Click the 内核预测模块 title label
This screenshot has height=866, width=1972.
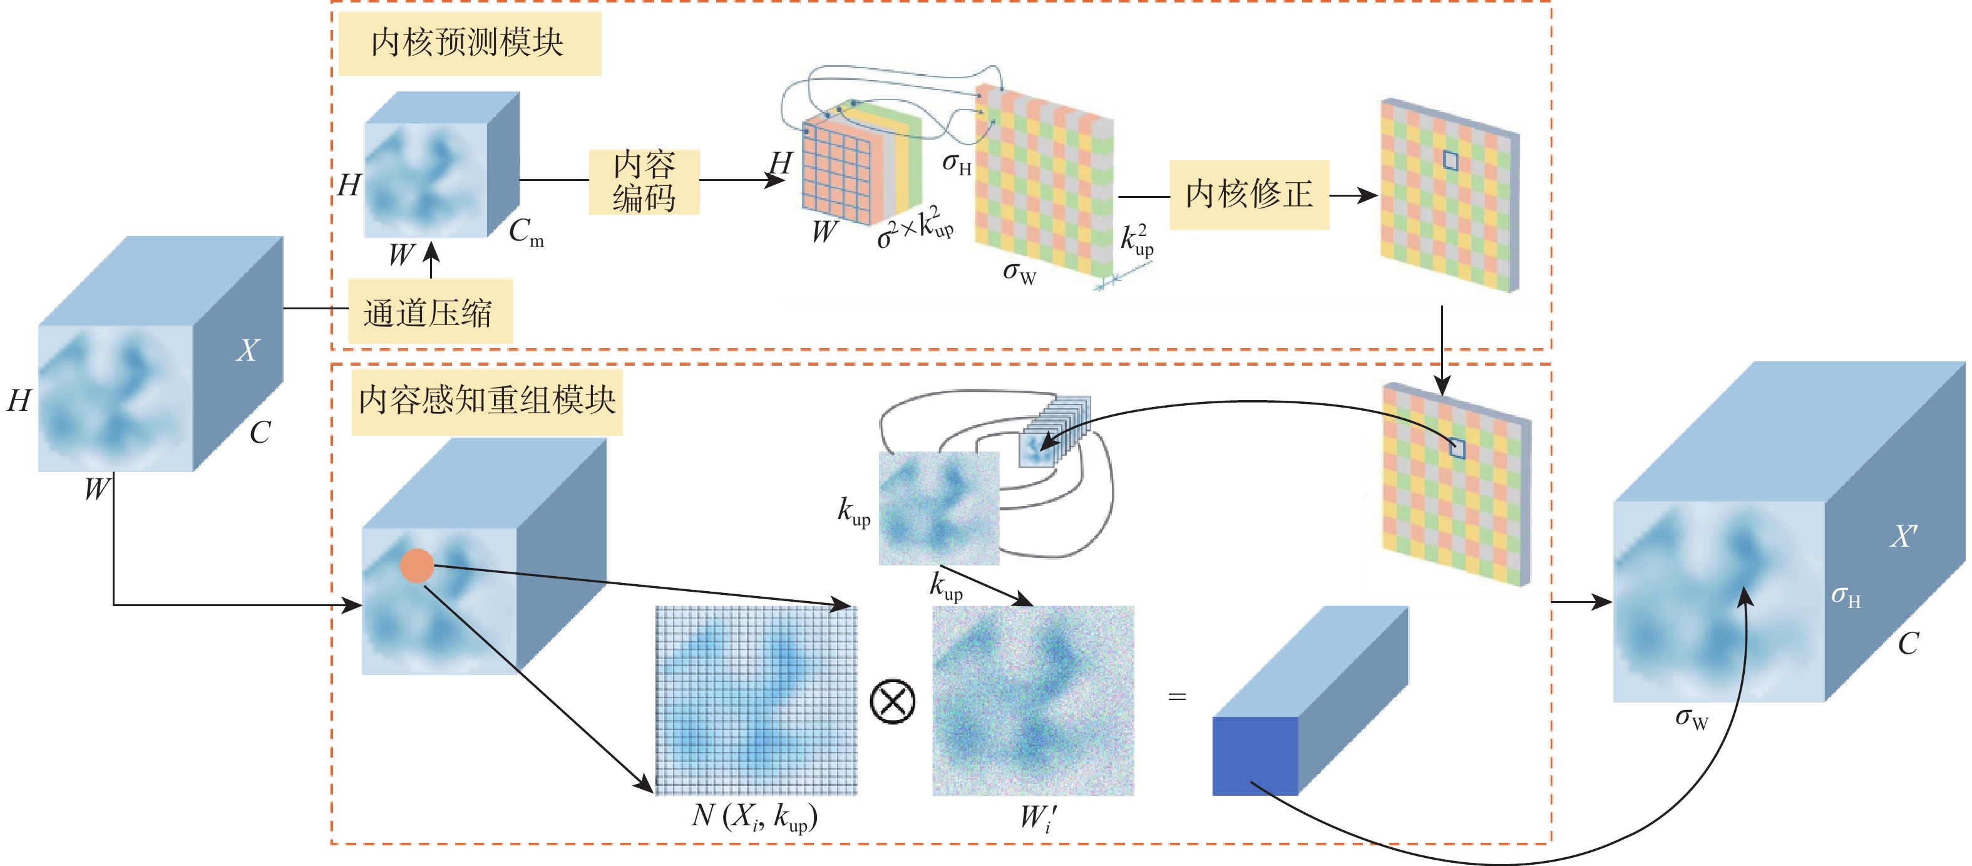468,43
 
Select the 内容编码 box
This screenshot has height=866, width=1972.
644,182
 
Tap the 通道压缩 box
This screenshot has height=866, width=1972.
429,312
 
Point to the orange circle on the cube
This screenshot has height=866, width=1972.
416,566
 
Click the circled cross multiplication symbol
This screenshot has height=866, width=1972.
893,701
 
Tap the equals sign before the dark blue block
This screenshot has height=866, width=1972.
1176,697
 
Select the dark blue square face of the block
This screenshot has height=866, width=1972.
1254,756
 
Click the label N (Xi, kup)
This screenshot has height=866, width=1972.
754,817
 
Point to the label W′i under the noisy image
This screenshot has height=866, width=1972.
1038,818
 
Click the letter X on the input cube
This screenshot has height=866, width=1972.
247,350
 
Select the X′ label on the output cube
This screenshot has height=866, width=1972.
1903,536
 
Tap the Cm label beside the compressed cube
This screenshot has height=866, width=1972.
526,230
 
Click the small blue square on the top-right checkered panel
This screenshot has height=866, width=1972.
1450,160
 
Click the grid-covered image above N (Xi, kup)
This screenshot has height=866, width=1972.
756,701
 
